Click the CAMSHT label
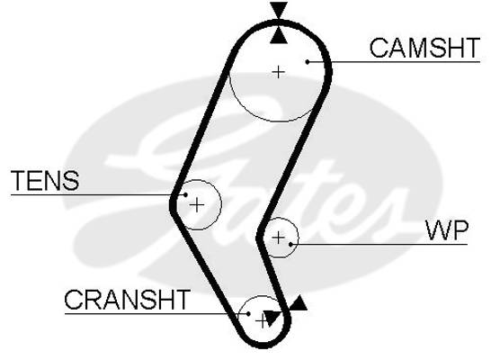424,48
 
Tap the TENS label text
45,181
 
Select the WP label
447,230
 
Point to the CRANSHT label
127,300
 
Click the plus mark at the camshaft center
279,72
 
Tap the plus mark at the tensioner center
197,205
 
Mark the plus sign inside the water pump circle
279,238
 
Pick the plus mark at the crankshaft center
261,321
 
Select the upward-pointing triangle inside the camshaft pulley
279,36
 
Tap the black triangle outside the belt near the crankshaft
298,303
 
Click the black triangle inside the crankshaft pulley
271,318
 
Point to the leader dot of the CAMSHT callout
308,62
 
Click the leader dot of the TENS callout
185,195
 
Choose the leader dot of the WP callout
290,244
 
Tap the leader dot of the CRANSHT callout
248,313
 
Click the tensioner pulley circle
221,203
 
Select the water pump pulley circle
299,238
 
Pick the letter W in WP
438,230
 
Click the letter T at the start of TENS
18,181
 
